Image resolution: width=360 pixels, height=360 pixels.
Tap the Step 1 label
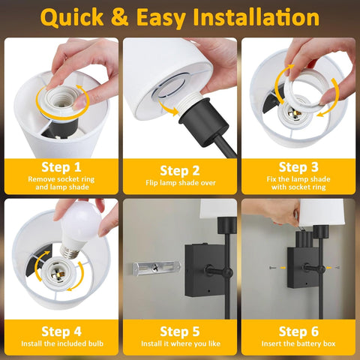pyautogui.click(x=61, y=166)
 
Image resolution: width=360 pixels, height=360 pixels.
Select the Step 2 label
pyautogui.click(x=180, y=170)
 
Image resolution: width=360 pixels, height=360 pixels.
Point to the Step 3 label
pyautogui.click(x=298, y=166)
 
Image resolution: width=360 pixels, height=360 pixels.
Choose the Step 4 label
pyautogui.click(x=61, y=331)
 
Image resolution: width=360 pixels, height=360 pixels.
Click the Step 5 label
pyautogui.click(x=180, y=331)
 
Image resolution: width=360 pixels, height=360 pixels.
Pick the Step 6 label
pyautogui.click(x=298, y=331)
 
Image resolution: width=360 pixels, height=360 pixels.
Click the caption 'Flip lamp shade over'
pyautogui.click(x=180, y=183)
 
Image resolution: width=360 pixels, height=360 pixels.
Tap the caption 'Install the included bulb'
pyautogui.click(x=61, y=343)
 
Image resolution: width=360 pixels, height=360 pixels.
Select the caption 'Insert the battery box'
pyautogui.click(x=298, y=343)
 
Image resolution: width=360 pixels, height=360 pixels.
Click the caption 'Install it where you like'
pyautogui.click(x=180, y=343)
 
